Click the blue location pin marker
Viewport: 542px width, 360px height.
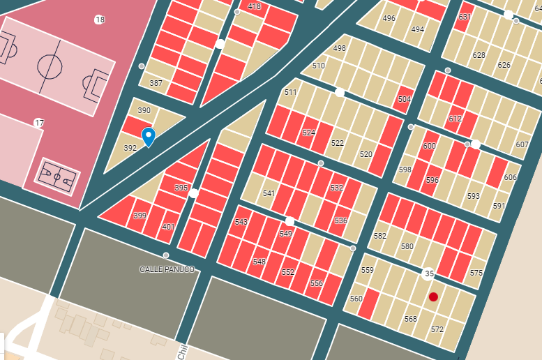[148, 136]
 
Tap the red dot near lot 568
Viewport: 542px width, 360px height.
[433, 297]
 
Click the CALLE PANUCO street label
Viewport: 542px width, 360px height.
[167, 269]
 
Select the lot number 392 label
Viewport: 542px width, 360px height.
[130, 148]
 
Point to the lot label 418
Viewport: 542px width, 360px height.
[254, 6]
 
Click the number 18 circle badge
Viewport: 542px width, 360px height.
[100, 20]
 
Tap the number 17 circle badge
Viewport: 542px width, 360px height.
[39, 123]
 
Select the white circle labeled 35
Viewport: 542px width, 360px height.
[429, 273]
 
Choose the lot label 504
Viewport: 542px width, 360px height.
[405, 99]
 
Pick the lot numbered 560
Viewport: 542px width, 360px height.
[356, 299]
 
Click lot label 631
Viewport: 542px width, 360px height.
[465, 17]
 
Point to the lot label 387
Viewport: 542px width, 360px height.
[156, 83]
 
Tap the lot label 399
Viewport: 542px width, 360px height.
[140, 216]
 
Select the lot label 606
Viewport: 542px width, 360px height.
[510, 177]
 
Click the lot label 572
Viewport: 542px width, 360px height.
[437, 329]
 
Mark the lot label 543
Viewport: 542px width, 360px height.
[241, 222]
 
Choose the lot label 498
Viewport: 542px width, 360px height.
[339, 48]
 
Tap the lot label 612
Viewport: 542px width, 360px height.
[455, 119]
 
